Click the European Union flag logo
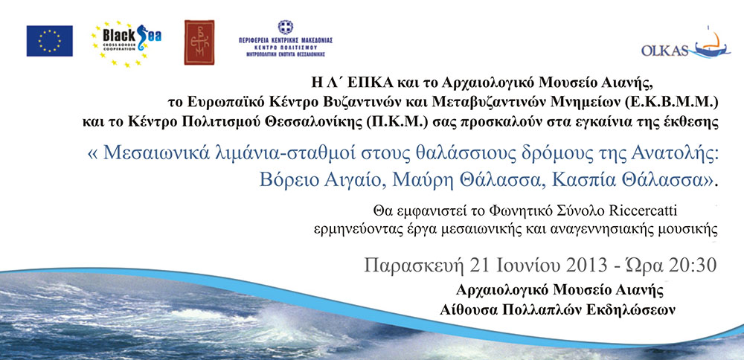point(49,41)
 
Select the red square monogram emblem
point(199,42)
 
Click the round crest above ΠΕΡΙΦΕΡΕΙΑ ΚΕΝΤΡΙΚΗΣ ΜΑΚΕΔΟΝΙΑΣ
point(285,27)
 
